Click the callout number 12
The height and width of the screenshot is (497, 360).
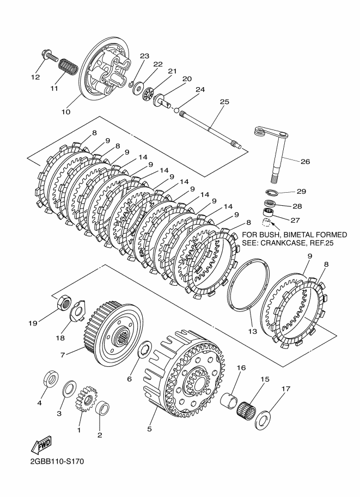(35, 77)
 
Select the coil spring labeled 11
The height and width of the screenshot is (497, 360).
(66, 66)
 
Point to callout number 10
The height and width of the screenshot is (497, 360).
(65, 112)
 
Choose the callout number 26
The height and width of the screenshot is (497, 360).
(305, 161)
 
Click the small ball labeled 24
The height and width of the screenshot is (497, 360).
(176, 111)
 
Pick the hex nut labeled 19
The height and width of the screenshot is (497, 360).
(62, 303)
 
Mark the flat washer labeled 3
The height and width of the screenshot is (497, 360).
(70, 389)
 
